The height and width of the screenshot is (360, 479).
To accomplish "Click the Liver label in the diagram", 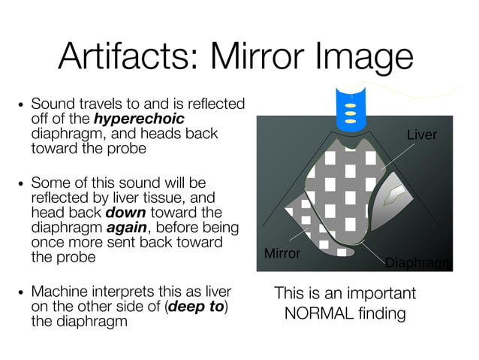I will point(421,135).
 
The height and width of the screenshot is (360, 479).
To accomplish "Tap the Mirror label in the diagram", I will point(282,253).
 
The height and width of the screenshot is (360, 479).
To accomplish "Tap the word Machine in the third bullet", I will point(57,292).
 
